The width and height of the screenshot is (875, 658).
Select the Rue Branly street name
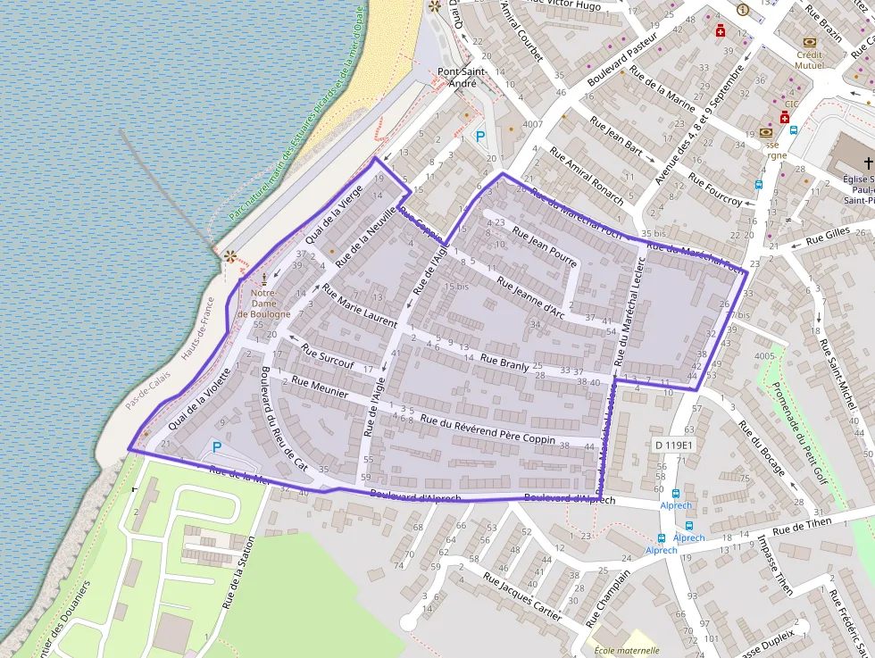click(504, 364)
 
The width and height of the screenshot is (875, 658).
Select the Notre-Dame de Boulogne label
click(263, 304)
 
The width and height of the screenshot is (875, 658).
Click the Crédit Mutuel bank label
click(809, 60)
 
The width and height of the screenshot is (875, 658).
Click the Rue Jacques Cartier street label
click(522, 596)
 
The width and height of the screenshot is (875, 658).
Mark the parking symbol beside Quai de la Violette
click(216, 447)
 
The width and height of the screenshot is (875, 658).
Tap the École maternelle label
click(626, 651)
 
